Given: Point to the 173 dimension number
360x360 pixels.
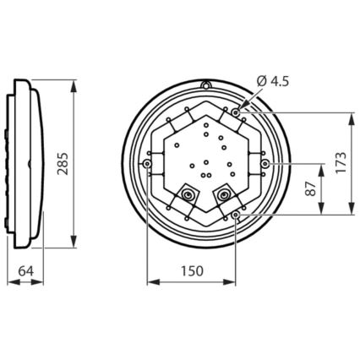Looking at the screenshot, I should point(341,162).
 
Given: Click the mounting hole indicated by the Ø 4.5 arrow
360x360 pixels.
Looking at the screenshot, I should point(236,111).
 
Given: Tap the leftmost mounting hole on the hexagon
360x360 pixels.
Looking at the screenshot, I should point(148,162).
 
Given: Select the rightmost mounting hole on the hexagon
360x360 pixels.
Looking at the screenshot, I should point(265,162).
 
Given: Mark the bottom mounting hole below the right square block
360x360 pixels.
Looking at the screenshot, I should point(236,215).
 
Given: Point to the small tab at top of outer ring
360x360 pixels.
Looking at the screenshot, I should point(205,85).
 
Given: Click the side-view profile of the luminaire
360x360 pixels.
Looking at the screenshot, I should point(25,162).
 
